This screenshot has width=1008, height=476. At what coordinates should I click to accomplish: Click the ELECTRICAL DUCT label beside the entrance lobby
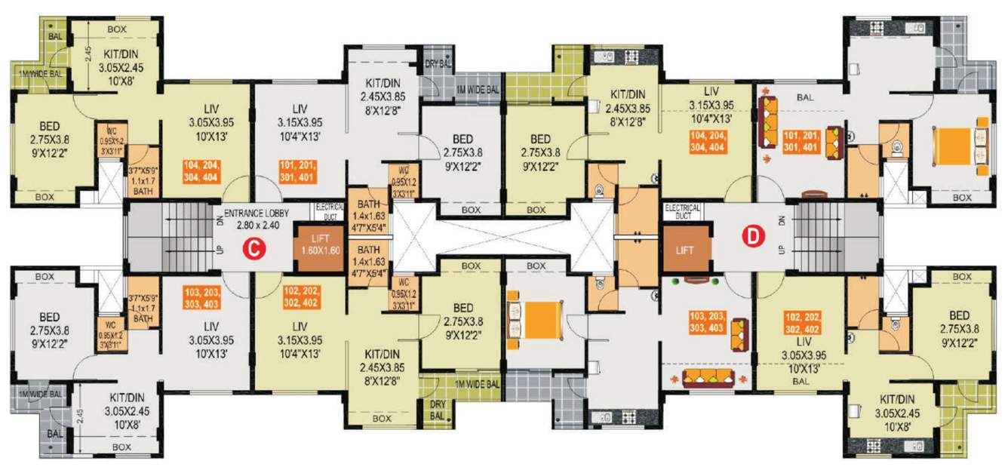click(x=330, y=210)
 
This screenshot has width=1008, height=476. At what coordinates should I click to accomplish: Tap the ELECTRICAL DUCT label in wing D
click(x=682, y=211)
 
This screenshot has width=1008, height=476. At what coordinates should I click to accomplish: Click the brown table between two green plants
click(x=697, y=281)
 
